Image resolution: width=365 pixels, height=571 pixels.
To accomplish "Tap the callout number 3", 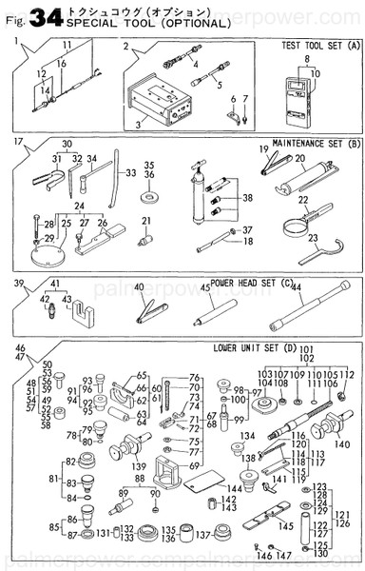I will click(x=139, y=125).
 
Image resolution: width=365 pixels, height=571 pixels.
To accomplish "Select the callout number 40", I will click(x=139, y=287).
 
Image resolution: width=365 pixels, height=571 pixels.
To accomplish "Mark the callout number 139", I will click(x=139, y=466).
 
